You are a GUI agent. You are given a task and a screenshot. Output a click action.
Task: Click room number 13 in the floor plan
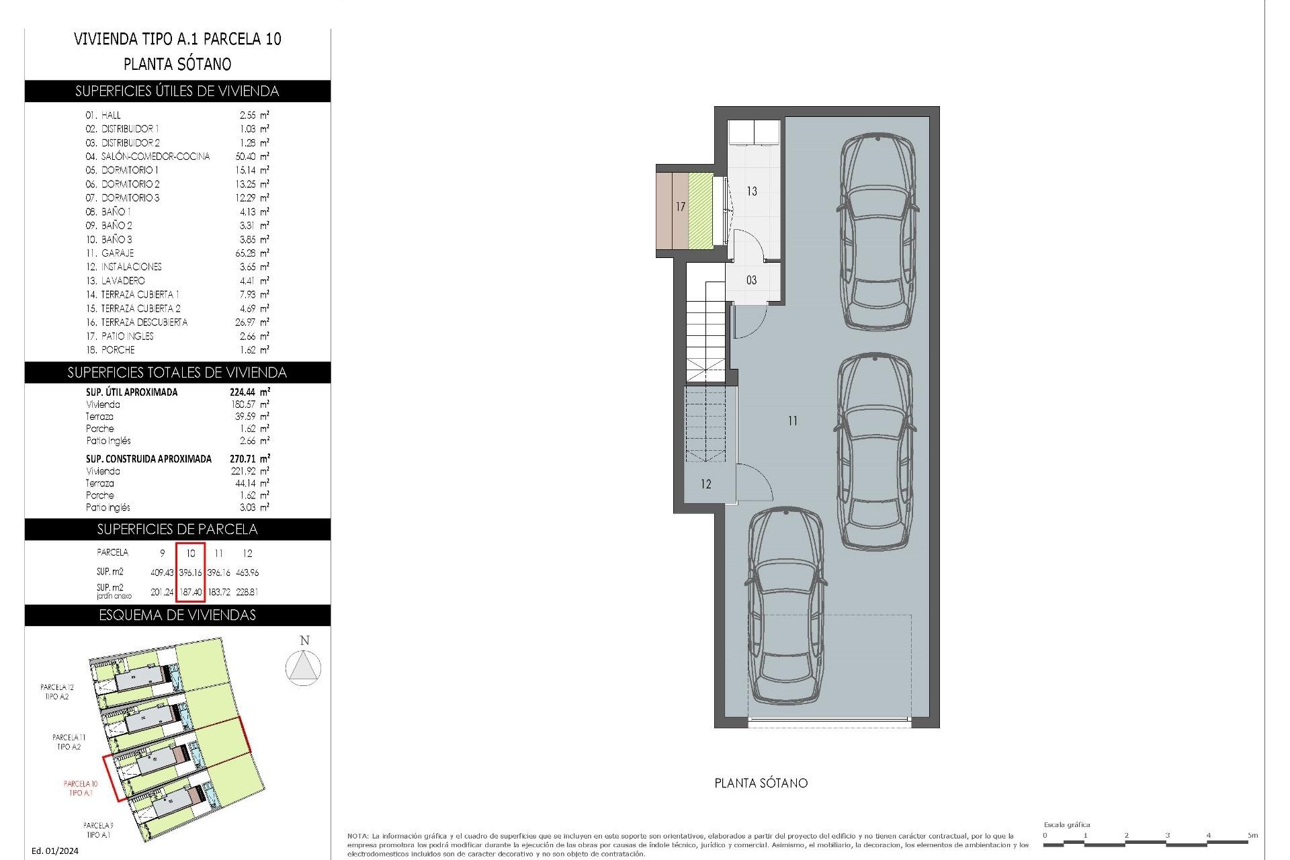pyautogui.click(x=752, y=191)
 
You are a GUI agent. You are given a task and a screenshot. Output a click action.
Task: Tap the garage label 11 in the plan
pyautogui.click(x=793, y=421)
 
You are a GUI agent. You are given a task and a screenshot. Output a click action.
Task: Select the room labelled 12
pyautogui.click(x=705, y=484)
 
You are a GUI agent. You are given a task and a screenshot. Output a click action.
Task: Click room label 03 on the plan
pyautogui.click(x=751, y=280)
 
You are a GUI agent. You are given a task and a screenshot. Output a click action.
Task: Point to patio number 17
pyautogui.click(x=680, y=207)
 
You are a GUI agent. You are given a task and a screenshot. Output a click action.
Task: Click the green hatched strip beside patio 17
pyautogui.click(x=700, y=210)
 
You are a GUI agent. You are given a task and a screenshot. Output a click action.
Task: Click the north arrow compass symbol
pyautogui.click(x=303, y=668)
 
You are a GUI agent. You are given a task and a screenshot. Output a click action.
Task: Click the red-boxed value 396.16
pyautogui.click(x=191, y=573)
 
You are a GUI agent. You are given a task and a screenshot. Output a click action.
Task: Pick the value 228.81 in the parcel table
pyautogui.click(x=247, y=593)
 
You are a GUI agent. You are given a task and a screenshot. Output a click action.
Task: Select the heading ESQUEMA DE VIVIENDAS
pyautogui.click(x=177, y=615)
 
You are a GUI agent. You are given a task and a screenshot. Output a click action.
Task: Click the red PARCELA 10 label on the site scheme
pyautogui.click(x=81, y=788)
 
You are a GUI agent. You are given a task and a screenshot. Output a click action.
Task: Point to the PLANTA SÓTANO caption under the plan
pyautogui.click(x=761, y=783)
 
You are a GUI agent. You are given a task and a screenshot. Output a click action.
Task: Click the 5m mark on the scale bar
pyautogui.click(x=1252, y=836)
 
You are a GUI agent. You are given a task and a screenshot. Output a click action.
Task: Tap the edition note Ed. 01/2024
pyautogui.click(x=55, y=851)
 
